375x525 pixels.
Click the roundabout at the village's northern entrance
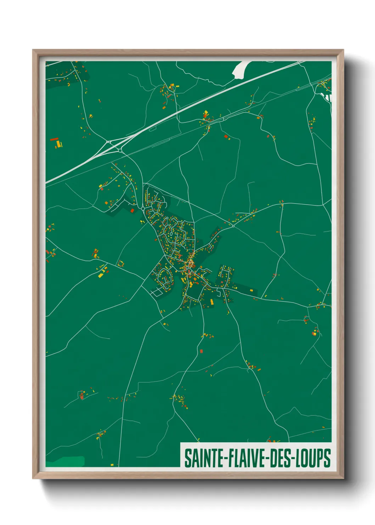coord(143,208)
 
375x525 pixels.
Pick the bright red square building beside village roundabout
coord(133,210)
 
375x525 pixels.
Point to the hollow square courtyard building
coord(121,264)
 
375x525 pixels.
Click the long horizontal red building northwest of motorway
coord(54,139)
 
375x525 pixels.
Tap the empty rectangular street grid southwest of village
coord(156,293)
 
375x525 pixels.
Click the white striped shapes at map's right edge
coord(328,97)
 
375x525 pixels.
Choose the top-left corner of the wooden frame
coord(33,50)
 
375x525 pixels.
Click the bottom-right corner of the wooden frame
coord(343,478)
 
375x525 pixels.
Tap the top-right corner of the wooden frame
coord(343,50)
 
